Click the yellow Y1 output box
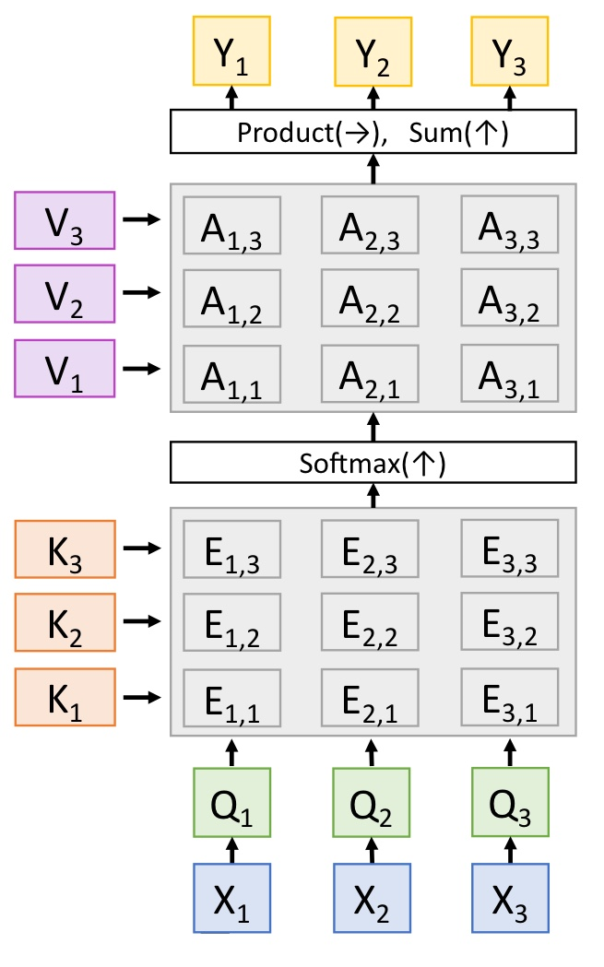[232, 52]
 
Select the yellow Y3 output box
[510, 52]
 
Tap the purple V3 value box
[65, 220]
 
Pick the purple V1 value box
[65, 368]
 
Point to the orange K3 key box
[65, 548]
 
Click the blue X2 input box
[372, 898]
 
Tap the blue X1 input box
[232, 898]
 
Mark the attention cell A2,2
[370, 300]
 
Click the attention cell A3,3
[509, 226]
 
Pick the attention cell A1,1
[231, 374]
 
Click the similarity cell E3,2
[509, 624]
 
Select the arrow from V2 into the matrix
[142, 292]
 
